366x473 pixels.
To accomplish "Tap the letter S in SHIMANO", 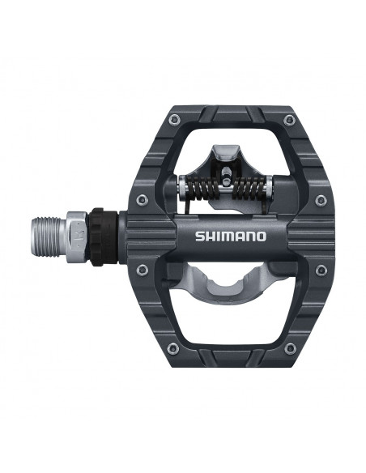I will coord(198,236).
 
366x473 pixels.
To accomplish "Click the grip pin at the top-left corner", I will coord(168,121).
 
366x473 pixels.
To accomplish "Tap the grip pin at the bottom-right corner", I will coord(291,348).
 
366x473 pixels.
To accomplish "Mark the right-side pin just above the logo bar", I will coord(321,199).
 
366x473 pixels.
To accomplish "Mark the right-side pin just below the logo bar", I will coord(321,270).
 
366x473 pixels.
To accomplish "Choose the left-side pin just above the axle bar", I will coord(143,199).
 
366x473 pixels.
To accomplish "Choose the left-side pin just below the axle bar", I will coord(143,270).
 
